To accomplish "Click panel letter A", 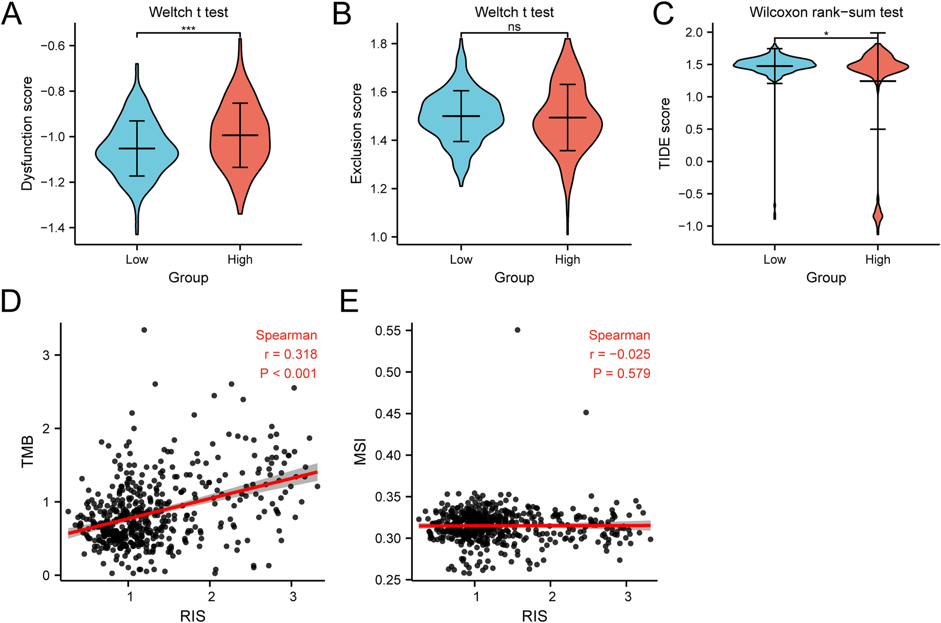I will point(11,14).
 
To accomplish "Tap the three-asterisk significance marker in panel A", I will point(188,29).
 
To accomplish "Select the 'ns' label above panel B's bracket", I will point(514,27).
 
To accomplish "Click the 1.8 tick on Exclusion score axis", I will point(379,44).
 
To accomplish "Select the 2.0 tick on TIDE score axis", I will point(694,32).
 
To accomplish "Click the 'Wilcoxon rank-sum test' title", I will point(826,12).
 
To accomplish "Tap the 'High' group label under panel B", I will point(567,259).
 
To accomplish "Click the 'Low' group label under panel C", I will point(774,259).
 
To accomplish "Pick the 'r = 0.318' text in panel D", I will point(291,354).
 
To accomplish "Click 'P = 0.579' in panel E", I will point(621,373).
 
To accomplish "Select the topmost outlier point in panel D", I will point(144,330).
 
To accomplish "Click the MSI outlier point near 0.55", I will point(517,330).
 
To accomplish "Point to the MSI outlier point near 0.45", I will point(585,412).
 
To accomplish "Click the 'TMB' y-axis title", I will point(28,451).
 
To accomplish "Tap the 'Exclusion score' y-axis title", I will point(356,134).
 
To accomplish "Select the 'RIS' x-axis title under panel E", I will point(534,615).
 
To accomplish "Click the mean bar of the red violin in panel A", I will point(240,136).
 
